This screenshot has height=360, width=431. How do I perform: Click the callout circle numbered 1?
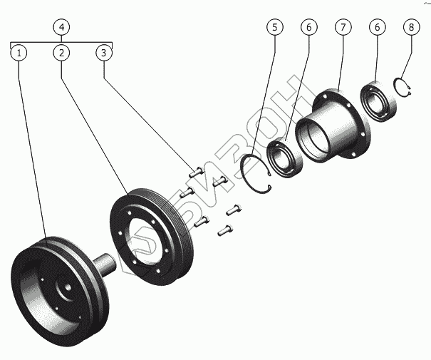(19, 53)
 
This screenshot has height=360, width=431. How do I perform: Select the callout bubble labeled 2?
(62, 53)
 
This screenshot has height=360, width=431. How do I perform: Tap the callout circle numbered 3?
(104, 53)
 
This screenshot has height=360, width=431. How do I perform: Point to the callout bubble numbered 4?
(62, 27)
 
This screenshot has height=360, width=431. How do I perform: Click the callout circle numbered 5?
(275, 27)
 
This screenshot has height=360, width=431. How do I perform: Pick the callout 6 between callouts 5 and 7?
(308, 27)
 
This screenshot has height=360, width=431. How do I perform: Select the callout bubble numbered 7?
(343, 27)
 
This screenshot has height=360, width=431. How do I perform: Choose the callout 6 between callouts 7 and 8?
(377, 27)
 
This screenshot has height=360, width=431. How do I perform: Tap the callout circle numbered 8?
(410, 27)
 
